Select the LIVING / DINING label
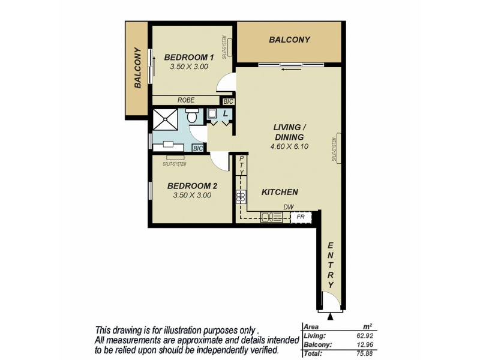click(290, 132)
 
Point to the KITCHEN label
click(280, 192)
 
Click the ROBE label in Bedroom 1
click(185, 100)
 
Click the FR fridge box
click(301, 216)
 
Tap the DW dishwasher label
click(289, 208)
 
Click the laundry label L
click(225, 113)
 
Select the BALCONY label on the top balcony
click(289, 40)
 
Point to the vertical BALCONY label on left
click(137, 68)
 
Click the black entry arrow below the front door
click(331, 316)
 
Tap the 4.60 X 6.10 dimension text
click(290, 146)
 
